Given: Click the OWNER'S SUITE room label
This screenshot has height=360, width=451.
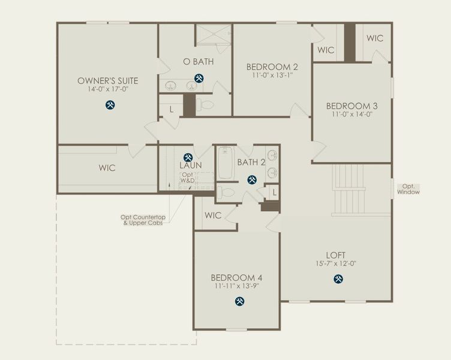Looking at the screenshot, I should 108,80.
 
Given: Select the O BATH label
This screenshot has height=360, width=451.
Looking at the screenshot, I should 199,61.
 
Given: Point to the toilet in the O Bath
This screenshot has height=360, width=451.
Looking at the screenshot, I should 206,105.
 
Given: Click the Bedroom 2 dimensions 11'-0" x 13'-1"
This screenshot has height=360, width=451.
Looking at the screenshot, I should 272,76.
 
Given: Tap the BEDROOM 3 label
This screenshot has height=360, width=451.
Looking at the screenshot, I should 351,106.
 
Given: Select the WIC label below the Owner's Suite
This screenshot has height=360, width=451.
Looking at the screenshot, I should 107,168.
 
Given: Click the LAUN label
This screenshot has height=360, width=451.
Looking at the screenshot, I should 190,165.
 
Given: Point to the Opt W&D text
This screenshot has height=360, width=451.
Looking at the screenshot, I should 188,178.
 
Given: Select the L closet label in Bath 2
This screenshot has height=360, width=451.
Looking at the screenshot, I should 273,192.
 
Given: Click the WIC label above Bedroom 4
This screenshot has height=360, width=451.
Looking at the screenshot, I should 213,215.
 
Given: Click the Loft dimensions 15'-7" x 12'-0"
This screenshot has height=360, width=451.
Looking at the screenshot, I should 335,264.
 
